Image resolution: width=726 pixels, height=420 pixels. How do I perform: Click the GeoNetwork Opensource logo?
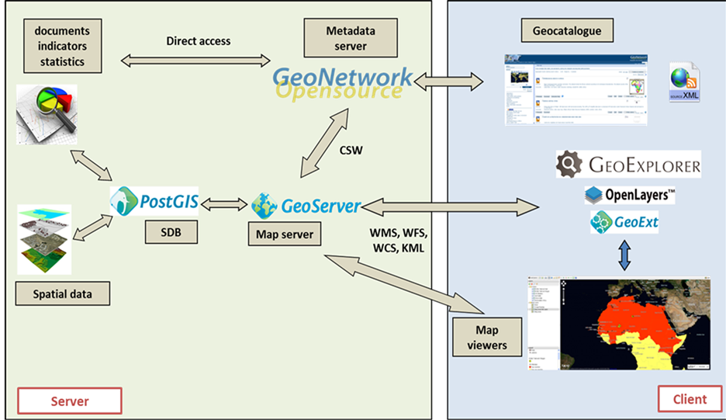point(342,82)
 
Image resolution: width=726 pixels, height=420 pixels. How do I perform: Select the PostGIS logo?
point(154,204)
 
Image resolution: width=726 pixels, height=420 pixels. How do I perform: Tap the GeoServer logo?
point(306,206)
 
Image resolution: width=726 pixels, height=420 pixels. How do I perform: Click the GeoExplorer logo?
point(629,165)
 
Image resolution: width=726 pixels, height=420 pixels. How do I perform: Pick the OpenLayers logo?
point(629,194)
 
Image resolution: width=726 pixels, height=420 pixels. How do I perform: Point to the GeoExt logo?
point(624,223)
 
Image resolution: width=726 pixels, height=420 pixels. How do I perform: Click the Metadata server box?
point(346,38)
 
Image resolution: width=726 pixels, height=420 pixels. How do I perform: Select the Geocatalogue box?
point(567,32)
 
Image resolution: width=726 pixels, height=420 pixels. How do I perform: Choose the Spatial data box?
point(62,294)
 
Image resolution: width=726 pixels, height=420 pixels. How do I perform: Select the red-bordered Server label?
point(70,401)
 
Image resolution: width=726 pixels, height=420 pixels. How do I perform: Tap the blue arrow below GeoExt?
point(624,254)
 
